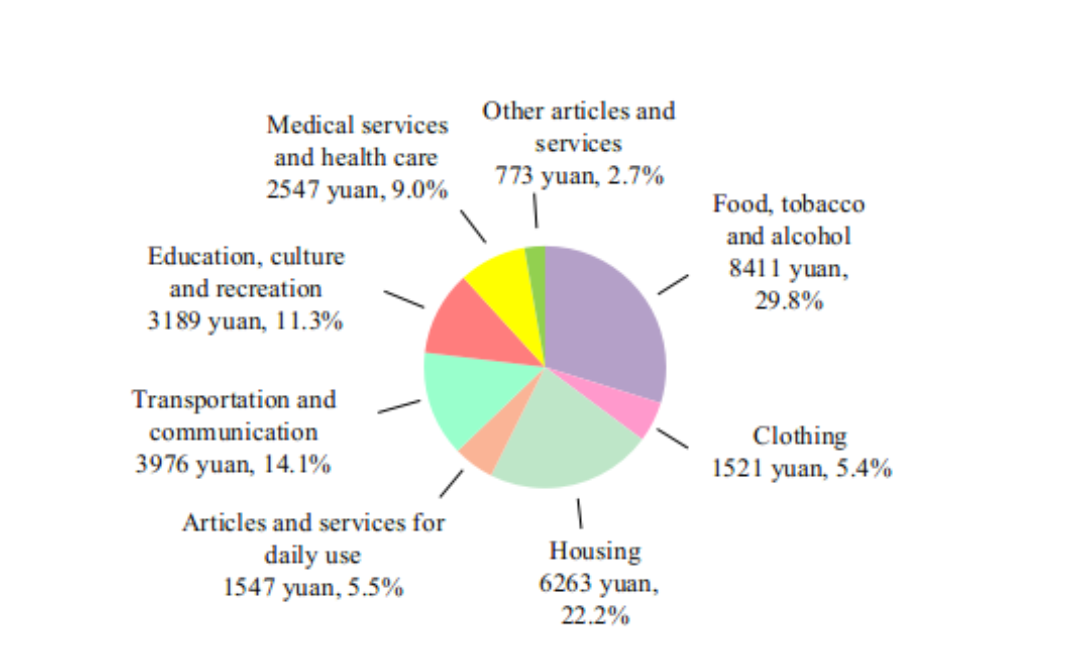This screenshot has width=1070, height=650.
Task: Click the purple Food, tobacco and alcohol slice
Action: [x=606, y=316]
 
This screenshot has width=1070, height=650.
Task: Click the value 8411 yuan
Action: [x=789, y=268]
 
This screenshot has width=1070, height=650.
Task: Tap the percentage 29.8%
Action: [x=789, y=300]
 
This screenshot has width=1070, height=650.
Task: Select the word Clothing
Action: [x=799, y=436]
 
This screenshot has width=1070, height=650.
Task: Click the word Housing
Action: [x=596, y=551]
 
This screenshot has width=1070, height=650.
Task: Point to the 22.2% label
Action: [x=596, y=615]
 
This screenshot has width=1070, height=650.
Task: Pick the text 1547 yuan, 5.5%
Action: [x=313, y=587]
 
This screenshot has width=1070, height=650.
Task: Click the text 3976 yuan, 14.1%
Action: [x=234, y=464]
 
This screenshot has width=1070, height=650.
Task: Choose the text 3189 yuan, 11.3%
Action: [x=246, y=321]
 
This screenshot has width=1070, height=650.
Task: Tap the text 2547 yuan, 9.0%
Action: [x=357, y=190]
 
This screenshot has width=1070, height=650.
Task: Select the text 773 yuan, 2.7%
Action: [x=579, y=176]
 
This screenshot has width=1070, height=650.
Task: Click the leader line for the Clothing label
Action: [x=672, y=438]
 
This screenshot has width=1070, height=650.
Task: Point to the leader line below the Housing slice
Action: [x=579, y=513]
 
